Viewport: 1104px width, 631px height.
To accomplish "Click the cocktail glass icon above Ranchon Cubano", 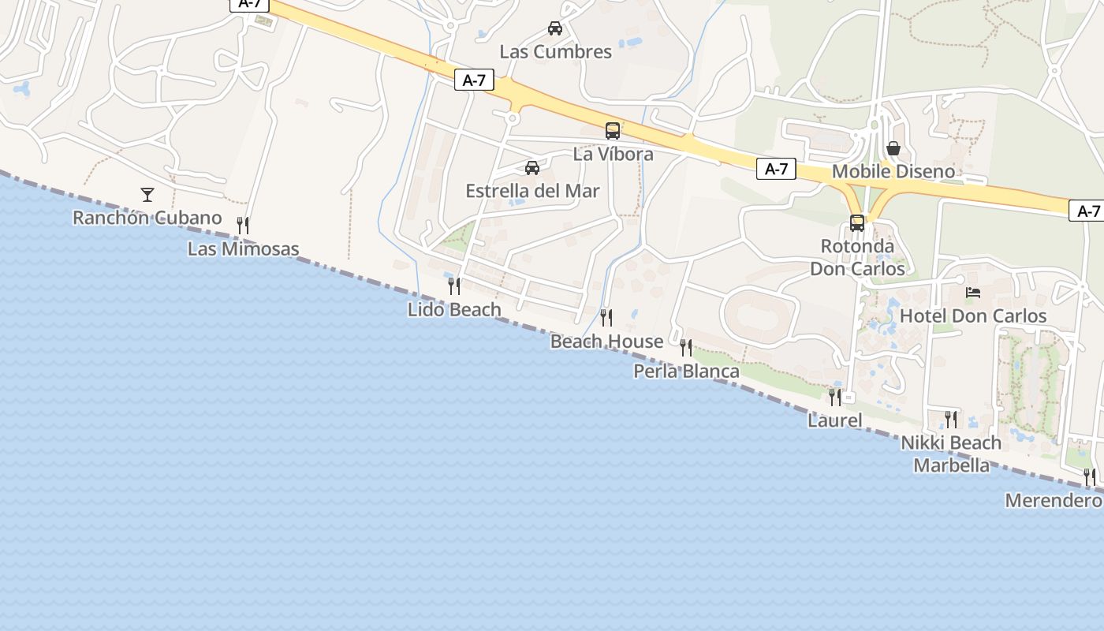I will [x=147, y=194].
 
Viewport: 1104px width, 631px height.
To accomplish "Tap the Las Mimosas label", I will [x=243, y=249].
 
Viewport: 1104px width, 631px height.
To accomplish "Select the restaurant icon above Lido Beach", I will [x=454, y=286].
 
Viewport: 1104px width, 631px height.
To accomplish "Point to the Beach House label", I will [x=606, y=342].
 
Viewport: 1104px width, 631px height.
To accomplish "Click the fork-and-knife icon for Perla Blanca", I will [x=686, y=347].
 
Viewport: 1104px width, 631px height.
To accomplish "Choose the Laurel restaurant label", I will [x=834, y=420].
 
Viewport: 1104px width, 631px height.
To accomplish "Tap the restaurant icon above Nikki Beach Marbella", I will [x=951, y=419].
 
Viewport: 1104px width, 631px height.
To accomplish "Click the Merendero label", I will [x=1054, y=500].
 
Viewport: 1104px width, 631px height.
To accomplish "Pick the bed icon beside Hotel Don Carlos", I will [x=973, y=293].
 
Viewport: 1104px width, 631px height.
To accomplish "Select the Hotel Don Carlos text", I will [x=973, y=316].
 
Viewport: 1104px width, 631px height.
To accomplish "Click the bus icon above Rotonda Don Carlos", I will [x=857, y=223].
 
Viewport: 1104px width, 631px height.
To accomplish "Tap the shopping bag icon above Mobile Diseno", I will [x=893, y=148].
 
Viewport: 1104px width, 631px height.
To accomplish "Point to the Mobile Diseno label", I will [x=893, y=171].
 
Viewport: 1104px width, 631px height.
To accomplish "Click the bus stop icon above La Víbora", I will [x=613, y=131].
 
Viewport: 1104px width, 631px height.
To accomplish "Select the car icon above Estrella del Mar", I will [x=532, y=168].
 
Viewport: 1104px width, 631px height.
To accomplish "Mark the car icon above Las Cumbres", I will [x=555, y=28].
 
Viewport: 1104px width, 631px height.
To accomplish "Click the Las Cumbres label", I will [x=556, y=52].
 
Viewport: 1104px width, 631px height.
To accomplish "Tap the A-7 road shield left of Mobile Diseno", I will [x=776, y=169].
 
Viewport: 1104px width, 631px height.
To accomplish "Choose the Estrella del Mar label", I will [x=532, y=191].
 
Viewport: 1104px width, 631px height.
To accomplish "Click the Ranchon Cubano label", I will [x=147, y=218].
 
